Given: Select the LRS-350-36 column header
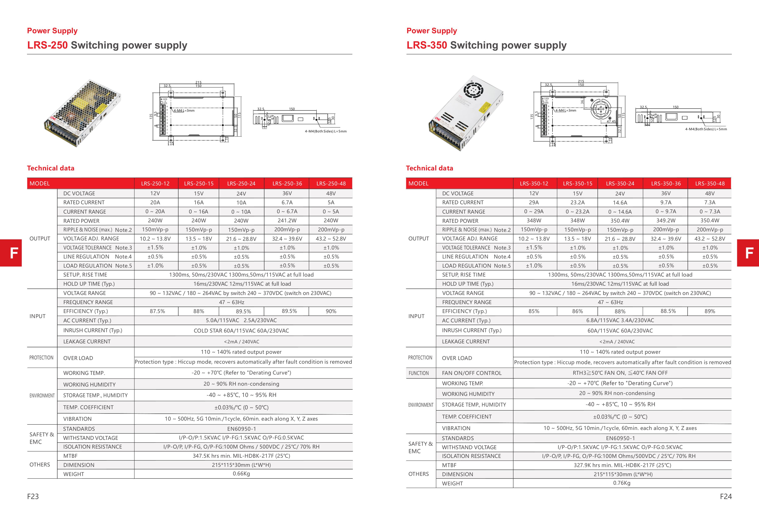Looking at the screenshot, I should point(666,183).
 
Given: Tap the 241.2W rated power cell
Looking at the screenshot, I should point(287,220).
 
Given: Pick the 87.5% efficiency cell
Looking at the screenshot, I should point(157,311).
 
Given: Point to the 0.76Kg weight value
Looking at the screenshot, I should point(622,483).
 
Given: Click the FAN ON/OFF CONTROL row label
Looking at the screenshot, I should point(471,373).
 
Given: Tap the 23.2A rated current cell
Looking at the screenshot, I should point(577,202).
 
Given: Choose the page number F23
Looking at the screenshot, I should point(33,496).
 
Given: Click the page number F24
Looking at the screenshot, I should point(726,496).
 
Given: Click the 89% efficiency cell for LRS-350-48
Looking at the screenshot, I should point(709,311).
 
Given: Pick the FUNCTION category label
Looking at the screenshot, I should point(418,373).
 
